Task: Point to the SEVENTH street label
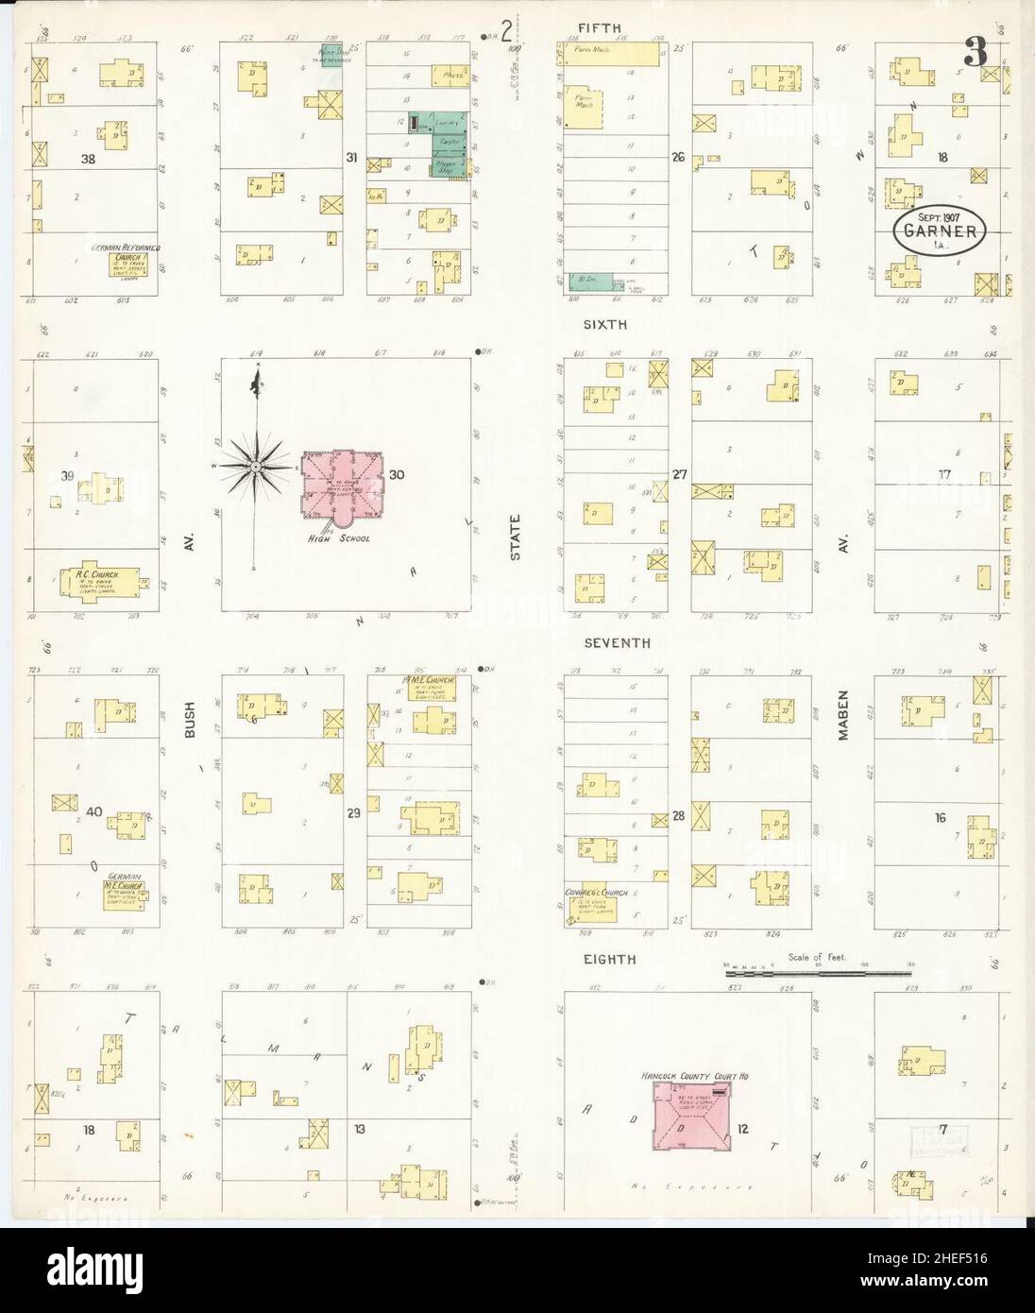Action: coord(617,642)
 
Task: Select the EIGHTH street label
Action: coord(608,959)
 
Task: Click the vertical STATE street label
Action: coord(516,544)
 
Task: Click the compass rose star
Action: coord(255,467)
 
